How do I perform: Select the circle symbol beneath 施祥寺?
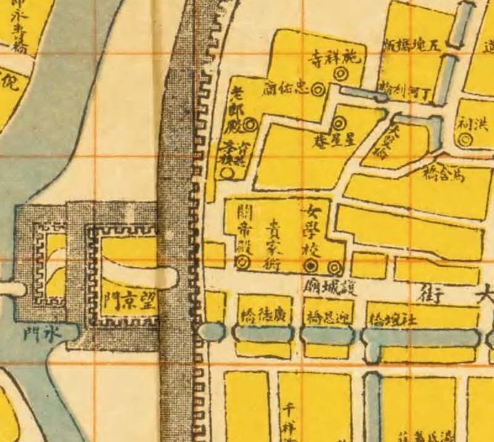[339, 73]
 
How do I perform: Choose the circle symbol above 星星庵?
[341, 123]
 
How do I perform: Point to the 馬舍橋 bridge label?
[444, 174]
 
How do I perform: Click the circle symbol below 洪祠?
[466, 140]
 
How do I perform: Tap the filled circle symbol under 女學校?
[312, 267]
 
